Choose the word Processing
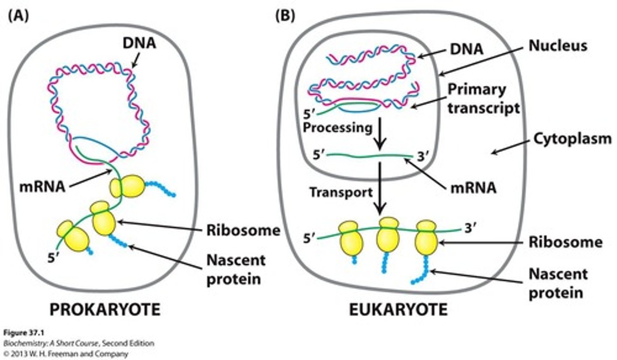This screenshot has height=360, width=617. pyautogui.click(x=337, y=128)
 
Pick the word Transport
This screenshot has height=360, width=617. pyautogui.click(x=341, y=192)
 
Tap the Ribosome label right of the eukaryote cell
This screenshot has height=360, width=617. pyautogui.click(x=565, y=242)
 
